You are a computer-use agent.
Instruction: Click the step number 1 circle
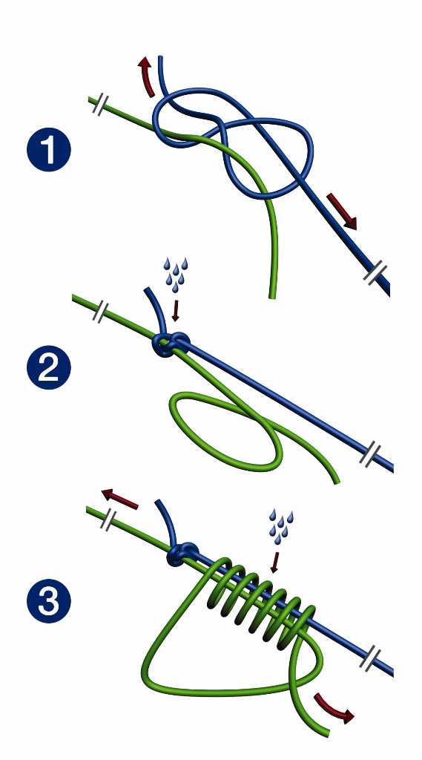click(x=48, y=149)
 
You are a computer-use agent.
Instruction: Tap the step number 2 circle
click(x=48, y=367)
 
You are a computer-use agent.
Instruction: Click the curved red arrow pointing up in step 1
click(x=146, y=76)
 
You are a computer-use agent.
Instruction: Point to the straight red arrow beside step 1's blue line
click(x=342, y=212)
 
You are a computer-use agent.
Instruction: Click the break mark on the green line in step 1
click(x=100, y=105)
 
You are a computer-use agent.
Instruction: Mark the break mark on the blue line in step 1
click(x=376, y=273)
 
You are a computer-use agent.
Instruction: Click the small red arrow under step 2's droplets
click(x=175, y=311)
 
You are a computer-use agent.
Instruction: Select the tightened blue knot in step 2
click(x=170, y=344)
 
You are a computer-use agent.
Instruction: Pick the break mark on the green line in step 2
click(x=100, y=312)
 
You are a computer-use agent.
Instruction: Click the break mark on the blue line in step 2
click(x=370, y=454)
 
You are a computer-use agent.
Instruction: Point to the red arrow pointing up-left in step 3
click(x=119, y=499)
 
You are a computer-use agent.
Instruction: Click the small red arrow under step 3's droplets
click(x=274, y=562)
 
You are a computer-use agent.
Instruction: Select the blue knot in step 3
click(x=182, y=554)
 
